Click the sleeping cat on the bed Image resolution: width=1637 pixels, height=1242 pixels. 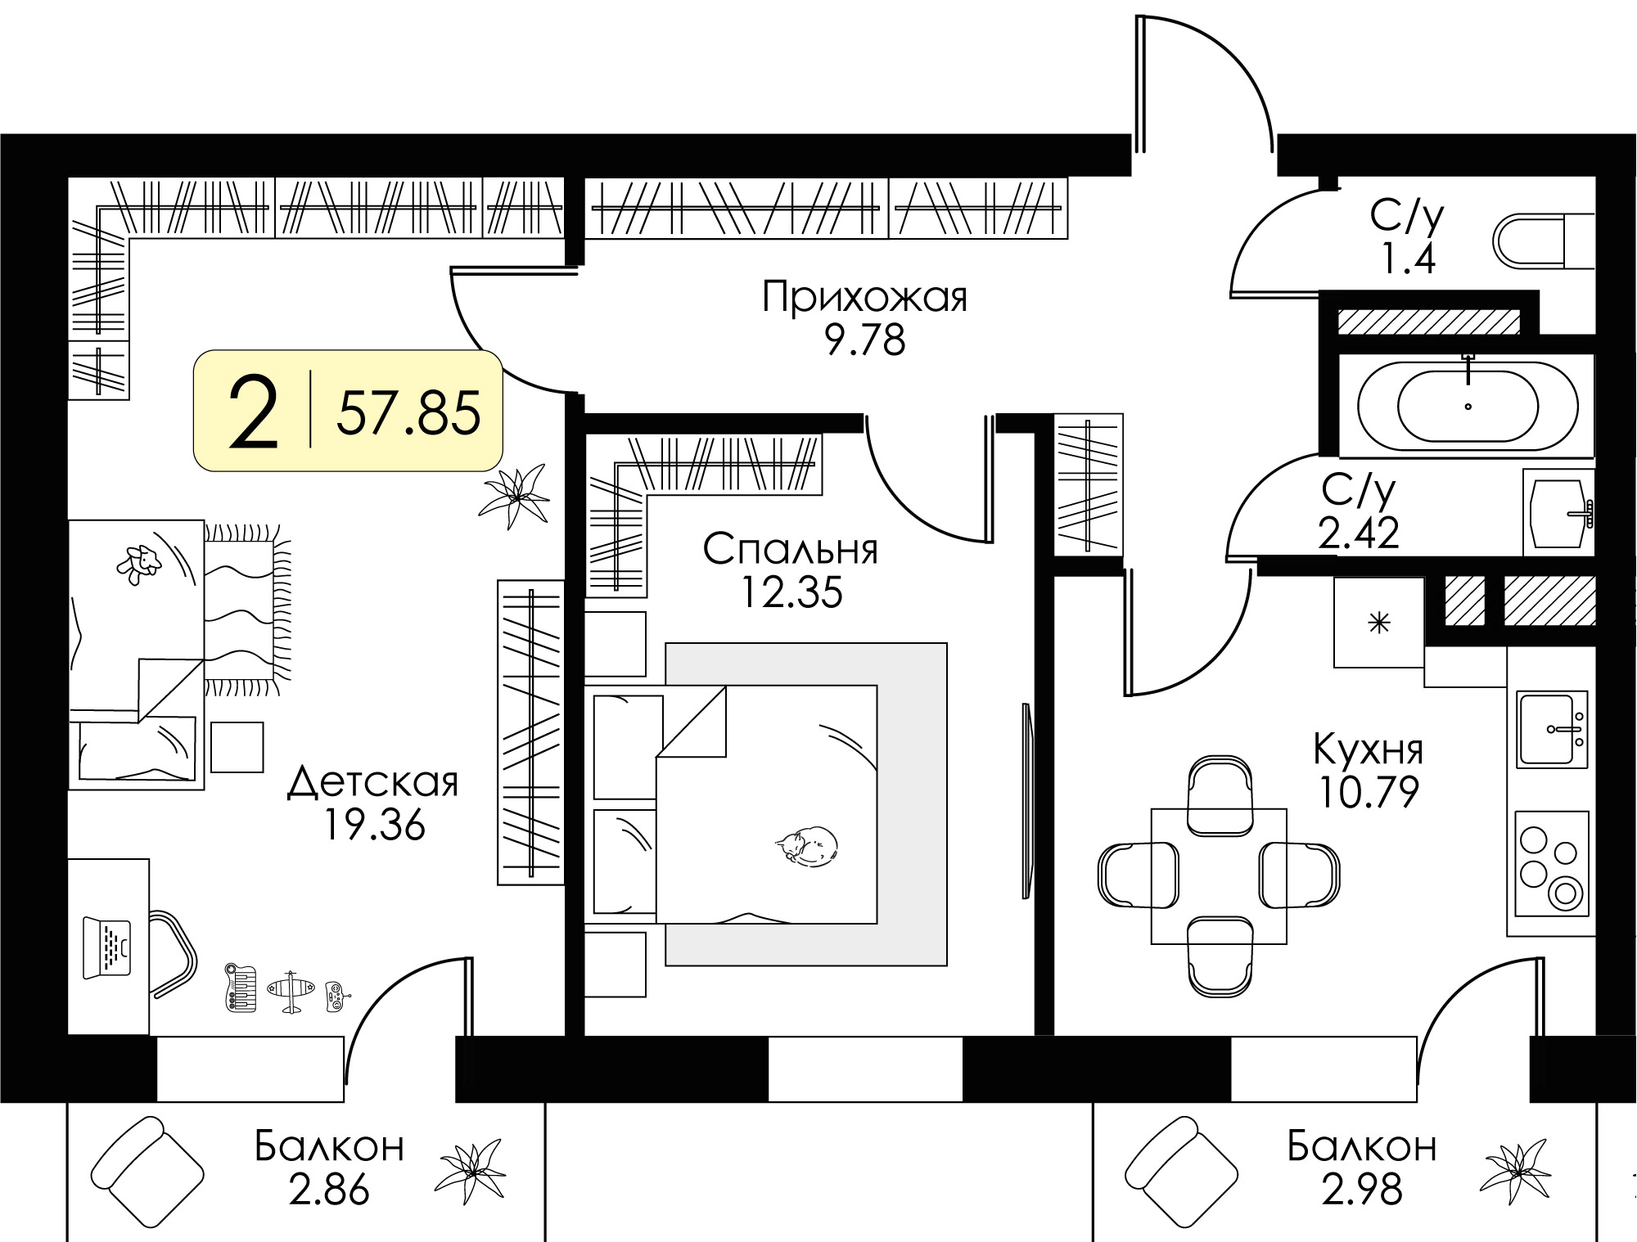point(807,844)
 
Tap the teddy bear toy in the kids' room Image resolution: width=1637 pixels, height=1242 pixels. point(138,563)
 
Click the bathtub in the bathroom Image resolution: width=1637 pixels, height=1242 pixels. point(1468,406)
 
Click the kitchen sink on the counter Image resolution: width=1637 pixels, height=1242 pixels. point(1550,729)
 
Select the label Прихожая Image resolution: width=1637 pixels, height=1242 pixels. point(864,297)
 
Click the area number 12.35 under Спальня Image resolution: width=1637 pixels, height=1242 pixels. point(791,592)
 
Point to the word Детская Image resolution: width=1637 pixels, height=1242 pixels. point(373,783)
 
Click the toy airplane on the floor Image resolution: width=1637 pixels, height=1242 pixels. point(291,992)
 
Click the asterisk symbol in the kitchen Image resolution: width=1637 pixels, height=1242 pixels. point(1379,624)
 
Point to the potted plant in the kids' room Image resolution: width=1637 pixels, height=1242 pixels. point(515,496)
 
